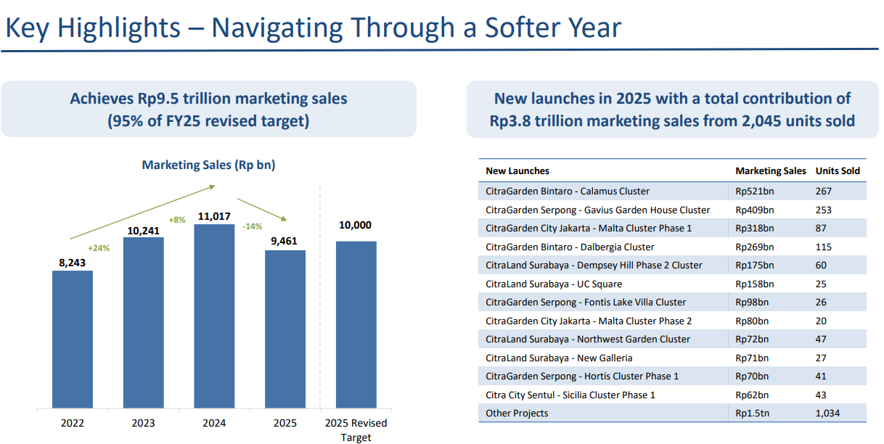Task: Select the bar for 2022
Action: (73, 339)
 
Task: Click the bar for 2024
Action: (214, 316)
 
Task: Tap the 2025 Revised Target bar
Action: (356, 324)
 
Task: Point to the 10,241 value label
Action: (143, 229)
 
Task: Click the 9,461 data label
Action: (285, 242)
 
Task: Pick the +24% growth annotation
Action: (99, 248)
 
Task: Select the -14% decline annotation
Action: (251, 226)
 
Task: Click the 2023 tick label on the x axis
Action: (143, 423)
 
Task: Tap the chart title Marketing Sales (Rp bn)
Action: (208, 165)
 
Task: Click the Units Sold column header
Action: (838, 171)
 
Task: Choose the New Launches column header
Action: (517, 171)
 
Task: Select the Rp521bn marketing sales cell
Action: (754, 192)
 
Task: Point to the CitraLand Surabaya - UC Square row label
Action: (554, 284)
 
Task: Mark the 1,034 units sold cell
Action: (827, 413)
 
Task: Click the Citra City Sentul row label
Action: (570, 395)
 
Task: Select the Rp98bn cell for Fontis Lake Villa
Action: (752, 302)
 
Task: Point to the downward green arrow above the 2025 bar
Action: (263, 209)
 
